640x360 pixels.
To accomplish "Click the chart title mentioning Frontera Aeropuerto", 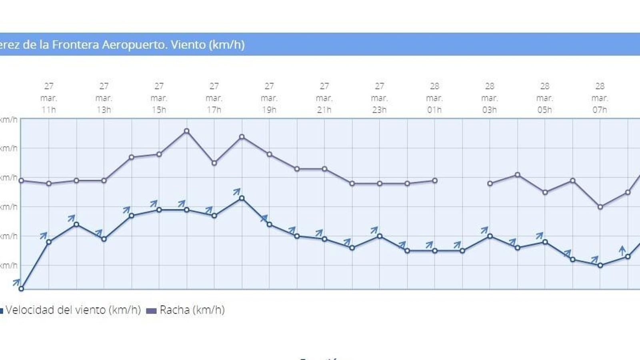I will click(x=122, y=44).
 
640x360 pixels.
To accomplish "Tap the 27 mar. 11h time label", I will click(x=49, y=98).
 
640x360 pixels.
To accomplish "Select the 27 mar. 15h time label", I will click(x=159, y=98).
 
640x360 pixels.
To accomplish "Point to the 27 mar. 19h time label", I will click(x=269, y=98).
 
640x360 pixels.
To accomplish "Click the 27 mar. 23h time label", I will click(x=379, y=98).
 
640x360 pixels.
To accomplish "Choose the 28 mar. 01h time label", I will click(x=434, y=98).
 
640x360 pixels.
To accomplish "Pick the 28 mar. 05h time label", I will click(x=544, y=98).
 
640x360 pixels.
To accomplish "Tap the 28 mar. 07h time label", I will click(x=600, y=98).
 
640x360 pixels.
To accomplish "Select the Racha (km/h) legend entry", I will click(x=192, y=310).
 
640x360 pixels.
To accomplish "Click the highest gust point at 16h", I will click(x=186, y=131).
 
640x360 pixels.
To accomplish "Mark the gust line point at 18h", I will click(x=242, y=137).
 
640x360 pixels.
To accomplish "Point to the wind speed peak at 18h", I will click(x=242, y=198).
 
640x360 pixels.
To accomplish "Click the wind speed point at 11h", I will click(x=49, y=242).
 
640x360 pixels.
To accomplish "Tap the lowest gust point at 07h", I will click(x=600, y=207).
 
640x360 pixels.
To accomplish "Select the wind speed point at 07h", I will click(x=600, y=265).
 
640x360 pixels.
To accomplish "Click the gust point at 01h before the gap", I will click(x=435, y=180).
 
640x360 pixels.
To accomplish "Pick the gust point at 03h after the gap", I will click(x=490, y=184).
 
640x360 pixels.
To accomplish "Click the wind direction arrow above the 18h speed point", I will click(x=237, y=192).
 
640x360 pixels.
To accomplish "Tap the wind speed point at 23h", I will click(x=380, y=236).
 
